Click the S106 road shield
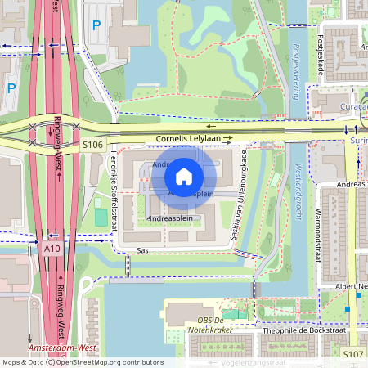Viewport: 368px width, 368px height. (x=92, y=145)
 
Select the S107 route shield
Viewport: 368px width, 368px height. (x=352, y=353)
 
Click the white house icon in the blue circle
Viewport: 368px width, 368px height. (x=184, y=175)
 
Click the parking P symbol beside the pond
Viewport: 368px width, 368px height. (x=96, y=25)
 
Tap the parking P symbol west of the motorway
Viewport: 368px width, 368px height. (x=11, y=87)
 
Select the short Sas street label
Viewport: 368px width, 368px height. (x=143, y=251)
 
